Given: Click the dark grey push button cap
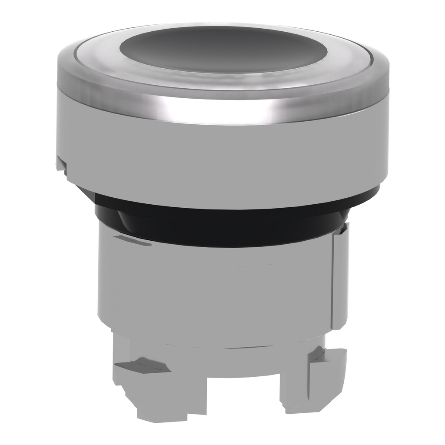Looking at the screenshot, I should click(x=222, y=48).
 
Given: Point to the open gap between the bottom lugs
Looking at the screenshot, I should click(x=243, y=400).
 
